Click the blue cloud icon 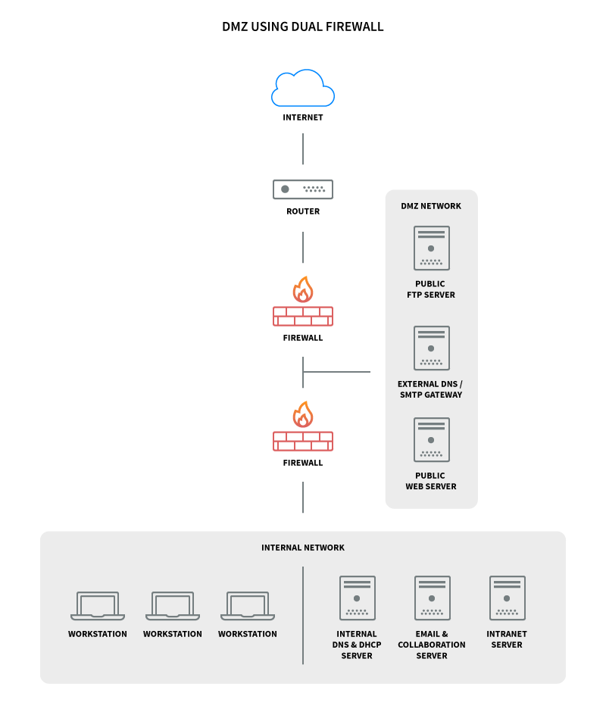303,89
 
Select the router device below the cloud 303,189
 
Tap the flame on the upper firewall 303,290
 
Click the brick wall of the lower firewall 303,441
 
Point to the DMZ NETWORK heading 431,206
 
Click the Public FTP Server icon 431,248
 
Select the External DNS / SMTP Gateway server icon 431,348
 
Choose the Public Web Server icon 431,439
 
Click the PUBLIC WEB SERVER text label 431,481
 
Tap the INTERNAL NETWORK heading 303,548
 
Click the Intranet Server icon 507,598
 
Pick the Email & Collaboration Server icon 432,598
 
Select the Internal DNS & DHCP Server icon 357,598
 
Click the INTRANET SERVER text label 507,639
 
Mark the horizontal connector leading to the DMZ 337,372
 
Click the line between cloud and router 303,149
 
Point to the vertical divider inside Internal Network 303,615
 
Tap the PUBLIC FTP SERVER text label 431,289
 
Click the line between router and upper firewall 303,247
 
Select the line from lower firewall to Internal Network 303,497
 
